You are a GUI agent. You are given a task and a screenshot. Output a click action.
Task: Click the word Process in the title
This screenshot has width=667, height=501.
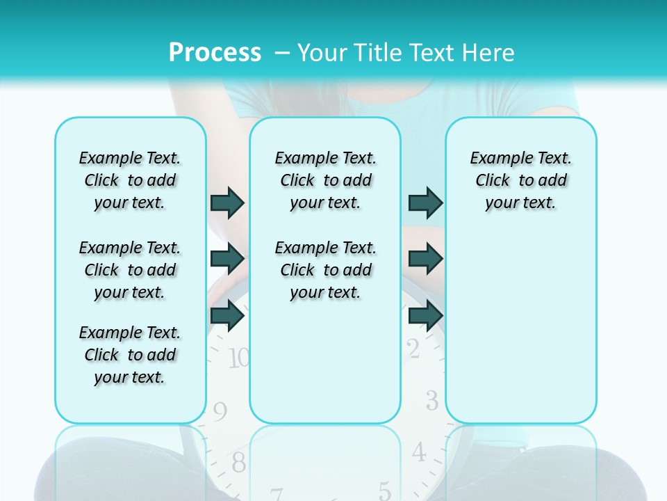215,52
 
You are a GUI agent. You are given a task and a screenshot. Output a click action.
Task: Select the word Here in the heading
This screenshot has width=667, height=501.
490,52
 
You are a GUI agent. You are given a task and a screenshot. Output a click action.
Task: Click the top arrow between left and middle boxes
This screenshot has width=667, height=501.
227,202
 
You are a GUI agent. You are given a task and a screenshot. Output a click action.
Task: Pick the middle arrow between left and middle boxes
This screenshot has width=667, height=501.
227,259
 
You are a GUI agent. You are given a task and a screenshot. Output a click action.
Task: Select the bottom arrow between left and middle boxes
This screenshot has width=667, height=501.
227,315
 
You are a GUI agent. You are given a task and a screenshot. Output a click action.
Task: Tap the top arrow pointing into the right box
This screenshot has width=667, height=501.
425,202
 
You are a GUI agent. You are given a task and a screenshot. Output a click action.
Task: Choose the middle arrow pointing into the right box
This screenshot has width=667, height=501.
425,259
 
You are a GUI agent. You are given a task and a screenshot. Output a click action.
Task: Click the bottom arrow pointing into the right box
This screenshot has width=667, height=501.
425,315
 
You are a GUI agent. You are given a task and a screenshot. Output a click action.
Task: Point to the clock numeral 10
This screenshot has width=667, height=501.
238,358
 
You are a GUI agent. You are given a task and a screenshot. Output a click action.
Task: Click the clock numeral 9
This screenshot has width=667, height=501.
220,412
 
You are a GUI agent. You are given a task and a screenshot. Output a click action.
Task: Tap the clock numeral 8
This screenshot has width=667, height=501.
238,461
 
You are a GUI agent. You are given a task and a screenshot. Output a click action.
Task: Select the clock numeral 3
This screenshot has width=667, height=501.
431,401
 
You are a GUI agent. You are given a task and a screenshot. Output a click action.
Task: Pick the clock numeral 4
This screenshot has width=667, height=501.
418,452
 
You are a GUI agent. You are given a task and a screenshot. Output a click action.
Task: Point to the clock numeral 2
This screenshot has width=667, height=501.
413,349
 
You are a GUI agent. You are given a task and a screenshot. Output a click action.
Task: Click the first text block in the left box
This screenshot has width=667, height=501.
130,180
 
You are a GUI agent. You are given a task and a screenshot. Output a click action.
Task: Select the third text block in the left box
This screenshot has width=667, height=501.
130,355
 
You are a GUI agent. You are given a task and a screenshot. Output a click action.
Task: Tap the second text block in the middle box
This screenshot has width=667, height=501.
325,270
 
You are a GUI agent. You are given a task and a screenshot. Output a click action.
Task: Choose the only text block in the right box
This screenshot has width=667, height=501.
521,180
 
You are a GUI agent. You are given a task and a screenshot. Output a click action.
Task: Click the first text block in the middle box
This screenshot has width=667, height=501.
325,180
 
